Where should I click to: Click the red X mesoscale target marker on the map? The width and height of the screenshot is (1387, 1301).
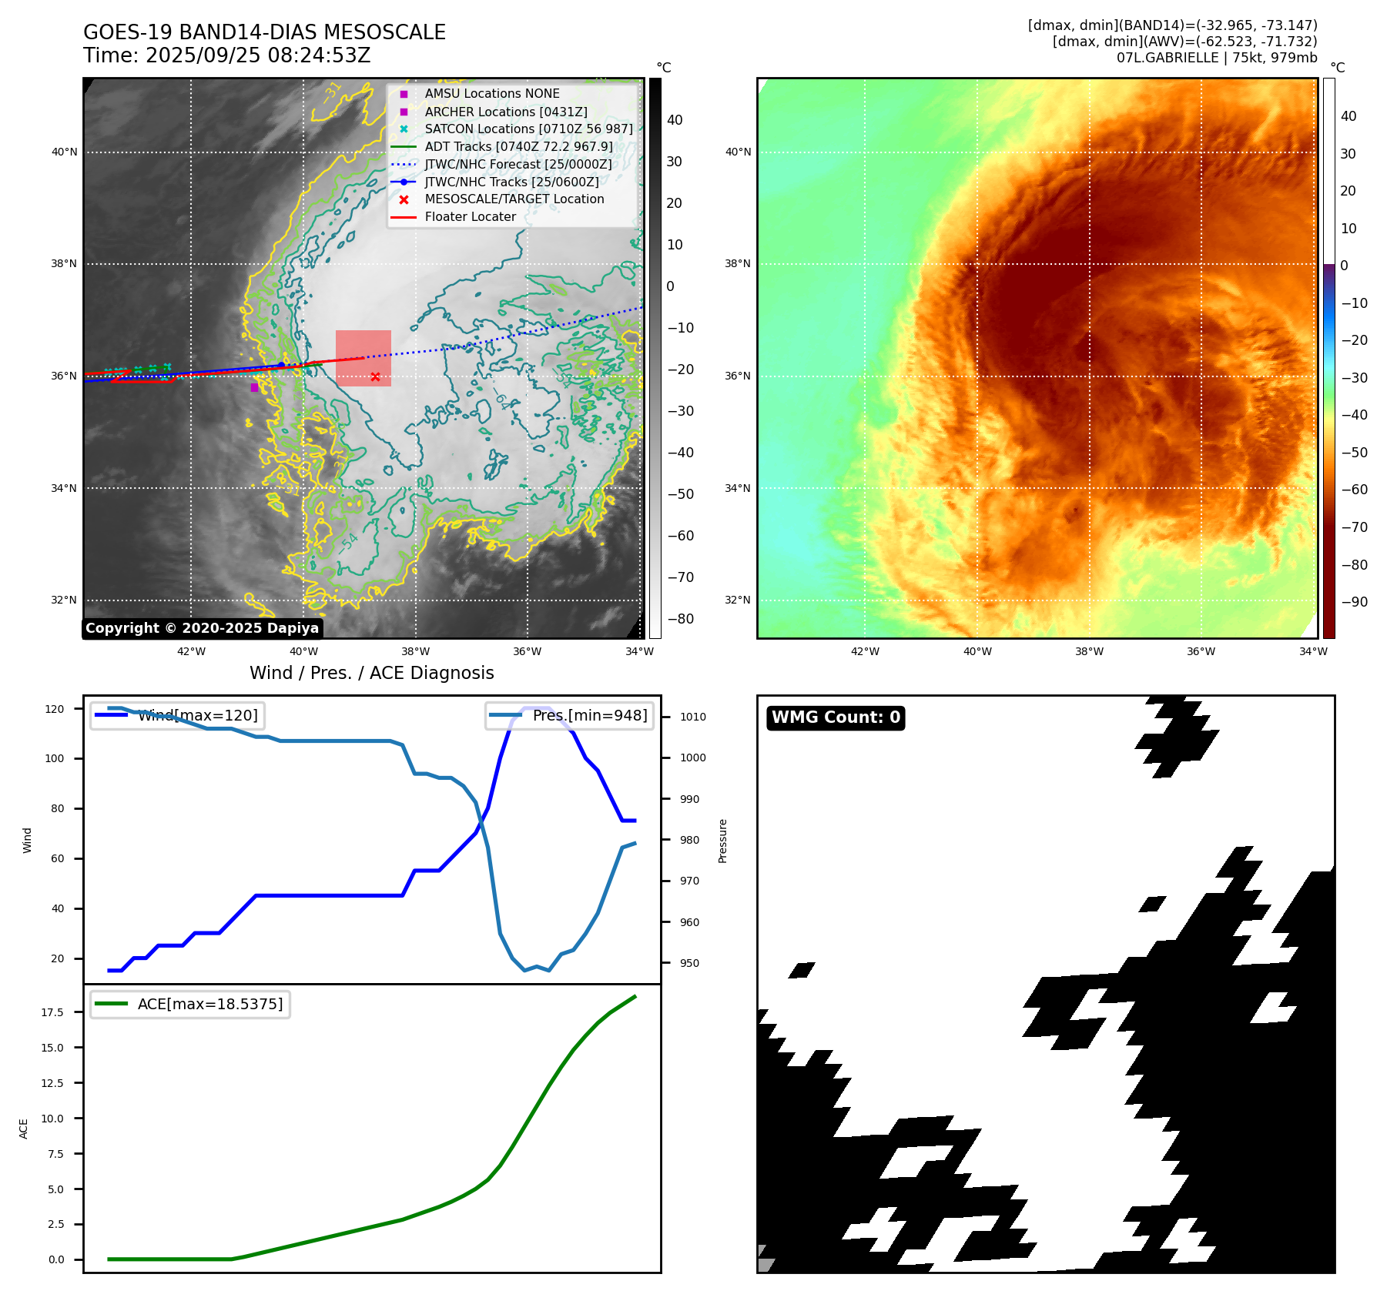(x=375, y=376)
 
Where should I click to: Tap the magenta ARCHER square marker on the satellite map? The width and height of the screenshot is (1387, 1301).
(x=254, y=387)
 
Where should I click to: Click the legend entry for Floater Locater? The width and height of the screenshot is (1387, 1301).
(x=470, y=217)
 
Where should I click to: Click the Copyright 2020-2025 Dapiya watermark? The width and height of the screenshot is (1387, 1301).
(x=202, y=628)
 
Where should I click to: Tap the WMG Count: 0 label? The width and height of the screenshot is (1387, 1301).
(x=836, y=717)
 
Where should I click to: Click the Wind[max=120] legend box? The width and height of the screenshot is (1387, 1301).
(x=176, y=715)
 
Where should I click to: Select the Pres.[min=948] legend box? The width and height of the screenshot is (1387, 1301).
(x=569, y=715)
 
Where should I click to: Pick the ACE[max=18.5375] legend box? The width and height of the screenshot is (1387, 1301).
(x=189, y=1004)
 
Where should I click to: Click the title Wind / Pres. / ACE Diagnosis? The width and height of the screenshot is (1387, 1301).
(x=371, y=673)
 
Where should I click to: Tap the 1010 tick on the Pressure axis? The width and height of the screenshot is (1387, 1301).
(x=692, y=717)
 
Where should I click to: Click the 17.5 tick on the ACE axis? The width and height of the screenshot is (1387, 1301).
(x=52, y=1012)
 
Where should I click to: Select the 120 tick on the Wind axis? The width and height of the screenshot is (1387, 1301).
(x=55, y=709)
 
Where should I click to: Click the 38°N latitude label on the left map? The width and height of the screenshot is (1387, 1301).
(x=64, y=263)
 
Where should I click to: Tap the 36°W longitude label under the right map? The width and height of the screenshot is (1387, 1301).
(x=1201, y=651)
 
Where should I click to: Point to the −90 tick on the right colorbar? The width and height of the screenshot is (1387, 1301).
(x=1354, y=602)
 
